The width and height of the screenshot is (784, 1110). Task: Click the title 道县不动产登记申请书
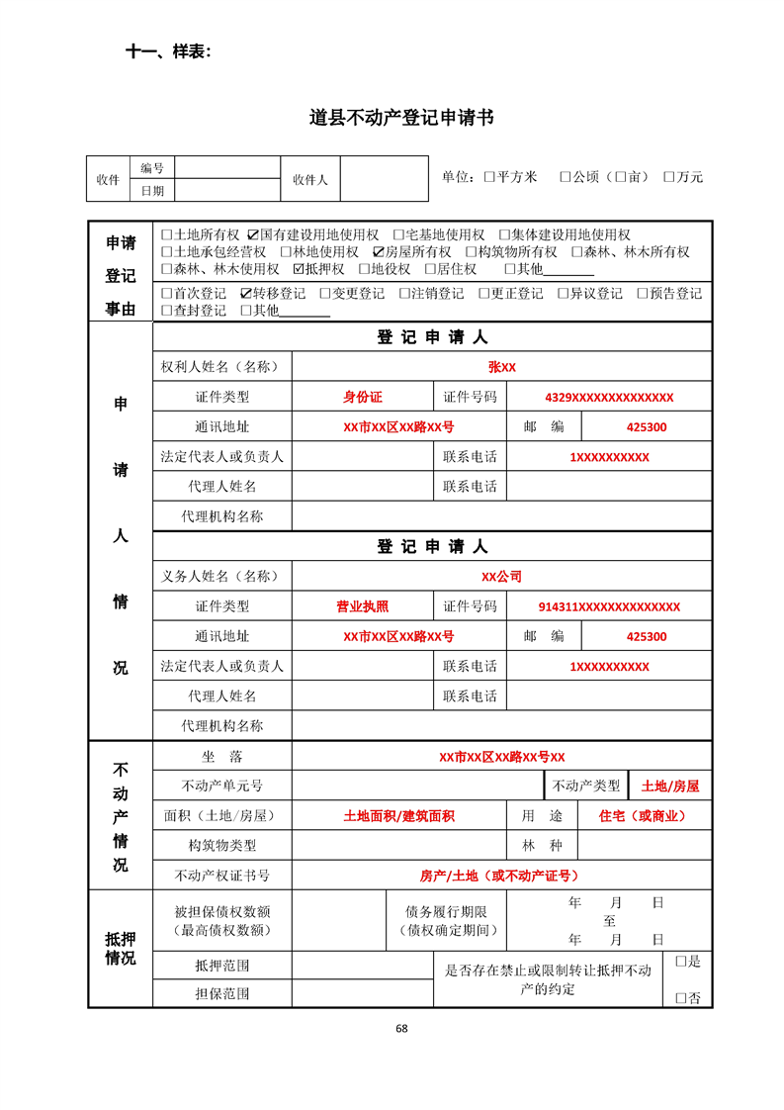tap(401, 118)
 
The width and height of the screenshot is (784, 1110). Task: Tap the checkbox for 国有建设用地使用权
tap(253, 235)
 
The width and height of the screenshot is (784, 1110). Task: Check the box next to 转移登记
tap(246, 294)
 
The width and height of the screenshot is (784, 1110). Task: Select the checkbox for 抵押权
tap(300, 269)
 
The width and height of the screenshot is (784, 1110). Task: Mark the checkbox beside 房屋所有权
tap(379, 252)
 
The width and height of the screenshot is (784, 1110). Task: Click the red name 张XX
tap(501, 367)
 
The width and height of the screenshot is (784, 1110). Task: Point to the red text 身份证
tap(362, 398)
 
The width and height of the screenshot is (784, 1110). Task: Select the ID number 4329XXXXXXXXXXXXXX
tap(609, 398)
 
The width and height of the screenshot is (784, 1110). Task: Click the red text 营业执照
tap(362, 606)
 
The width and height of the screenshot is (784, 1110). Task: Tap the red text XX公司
tap(501, 577)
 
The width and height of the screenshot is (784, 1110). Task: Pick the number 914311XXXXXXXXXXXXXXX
tap(609, 606)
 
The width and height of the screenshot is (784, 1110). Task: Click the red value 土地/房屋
tap(669, 786)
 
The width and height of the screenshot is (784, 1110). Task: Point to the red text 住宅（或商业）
tap(643, 816)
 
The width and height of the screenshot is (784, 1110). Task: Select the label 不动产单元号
tap(222, 786)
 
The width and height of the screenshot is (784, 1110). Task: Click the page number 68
tap(401, 1028)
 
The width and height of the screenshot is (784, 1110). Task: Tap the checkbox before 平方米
tap(489, 177)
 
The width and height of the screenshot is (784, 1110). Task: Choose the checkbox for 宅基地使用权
tap(399, 235)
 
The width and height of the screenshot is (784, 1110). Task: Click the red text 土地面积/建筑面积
tap(398, 816)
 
